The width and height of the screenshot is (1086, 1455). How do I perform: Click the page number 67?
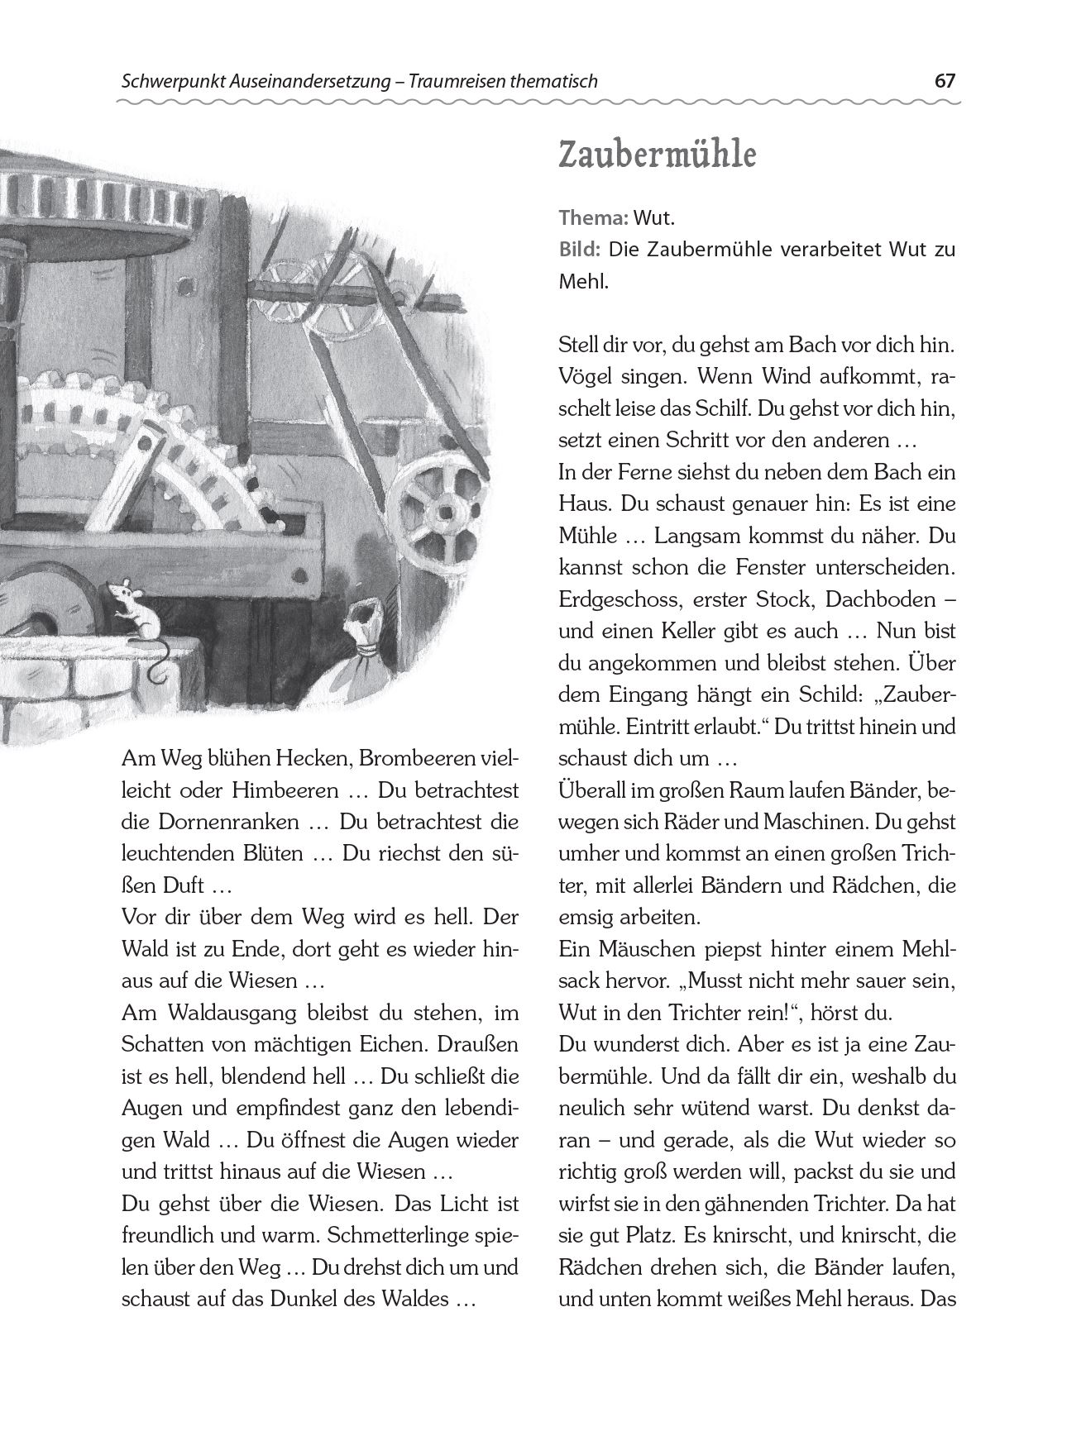pos(945,81)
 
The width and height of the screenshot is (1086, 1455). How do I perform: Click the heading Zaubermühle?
pos(657,155)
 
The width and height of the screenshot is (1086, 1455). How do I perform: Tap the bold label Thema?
pos(594,218)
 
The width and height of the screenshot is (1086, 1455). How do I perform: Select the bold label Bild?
pos(578,250)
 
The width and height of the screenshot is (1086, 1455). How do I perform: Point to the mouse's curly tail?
pos(156,662)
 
